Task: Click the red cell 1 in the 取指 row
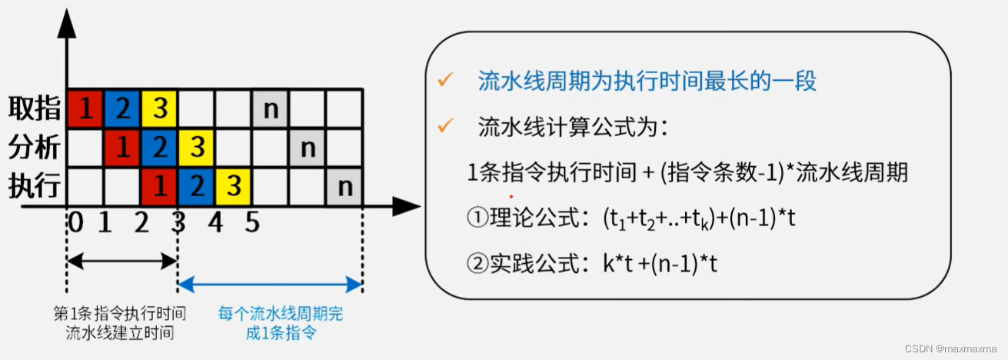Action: [x=86, y=109]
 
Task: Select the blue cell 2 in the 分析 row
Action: [x=160, y=147]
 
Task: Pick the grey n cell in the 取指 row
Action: [x=271, y=109]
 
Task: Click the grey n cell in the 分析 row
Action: [x=308, y=147]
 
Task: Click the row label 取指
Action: [x=35, y=109]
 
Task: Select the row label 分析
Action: [x=35, y=147]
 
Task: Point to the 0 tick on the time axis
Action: [x=75, y=223]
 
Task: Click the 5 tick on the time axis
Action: [x=252, y=223]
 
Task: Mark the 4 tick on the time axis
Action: [x=215, y=223]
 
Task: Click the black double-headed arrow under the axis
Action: [x=123, y=262]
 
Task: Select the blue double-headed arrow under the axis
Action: [x=270, y=285]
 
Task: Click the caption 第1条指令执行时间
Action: [x=120, y=314]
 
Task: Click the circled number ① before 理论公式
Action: [x=477, y=218]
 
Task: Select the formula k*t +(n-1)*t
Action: [x=660, y=265]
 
